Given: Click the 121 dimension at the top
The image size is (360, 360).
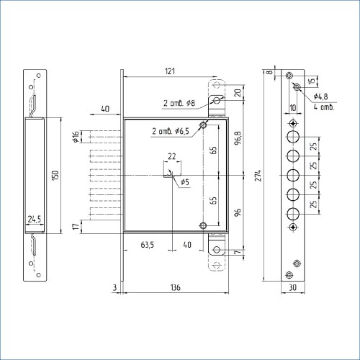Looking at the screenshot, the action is coord(170,71).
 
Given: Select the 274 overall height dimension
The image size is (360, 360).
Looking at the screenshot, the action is coord(258,176).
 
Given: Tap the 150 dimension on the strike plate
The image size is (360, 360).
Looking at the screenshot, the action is coord(55,176).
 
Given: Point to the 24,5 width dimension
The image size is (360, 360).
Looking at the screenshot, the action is coord(35,219).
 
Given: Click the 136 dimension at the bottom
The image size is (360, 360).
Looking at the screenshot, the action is coord(176,287).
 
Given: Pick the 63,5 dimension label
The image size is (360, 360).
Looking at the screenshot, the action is coord(147,245).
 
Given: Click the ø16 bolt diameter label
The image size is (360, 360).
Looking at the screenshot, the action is coord(76,137).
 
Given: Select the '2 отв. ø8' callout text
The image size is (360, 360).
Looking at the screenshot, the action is coord(179,103).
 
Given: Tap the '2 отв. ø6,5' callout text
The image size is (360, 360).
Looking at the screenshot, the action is coord(171,131).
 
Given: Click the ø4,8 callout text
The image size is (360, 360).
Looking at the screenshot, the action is coord(320,96).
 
